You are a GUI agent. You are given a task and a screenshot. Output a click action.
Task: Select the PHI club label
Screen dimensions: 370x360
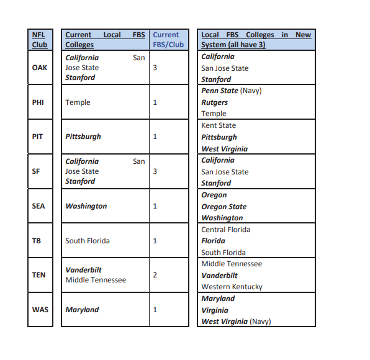click(38, 102)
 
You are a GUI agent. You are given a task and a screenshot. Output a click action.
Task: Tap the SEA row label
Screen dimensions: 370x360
click(38, 206)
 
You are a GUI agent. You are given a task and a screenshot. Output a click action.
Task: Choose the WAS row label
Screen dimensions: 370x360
click(38, 310)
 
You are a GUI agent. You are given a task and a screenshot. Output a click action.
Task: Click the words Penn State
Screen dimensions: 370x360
click(219, 91)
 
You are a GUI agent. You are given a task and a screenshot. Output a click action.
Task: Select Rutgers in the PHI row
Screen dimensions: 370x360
click(214, 102)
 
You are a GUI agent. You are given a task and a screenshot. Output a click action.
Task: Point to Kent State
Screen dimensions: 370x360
click(219, 125)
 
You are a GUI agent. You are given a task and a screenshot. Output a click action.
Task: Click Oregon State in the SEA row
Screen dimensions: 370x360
click(223, 207)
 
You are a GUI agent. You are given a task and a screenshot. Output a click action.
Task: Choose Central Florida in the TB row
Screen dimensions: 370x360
click(225, 230)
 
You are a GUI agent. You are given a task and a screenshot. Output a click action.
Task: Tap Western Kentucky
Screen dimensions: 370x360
click(232, 287)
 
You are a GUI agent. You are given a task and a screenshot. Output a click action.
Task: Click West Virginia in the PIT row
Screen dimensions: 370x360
click(224, 149)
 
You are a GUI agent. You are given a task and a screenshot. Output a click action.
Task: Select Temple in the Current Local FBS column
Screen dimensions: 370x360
click(78, 102)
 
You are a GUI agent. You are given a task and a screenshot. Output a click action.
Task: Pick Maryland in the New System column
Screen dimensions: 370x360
click(218, 299)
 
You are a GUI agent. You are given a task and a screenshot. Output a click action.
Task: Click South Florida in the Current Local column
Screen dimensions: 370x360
click(88, 241)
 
